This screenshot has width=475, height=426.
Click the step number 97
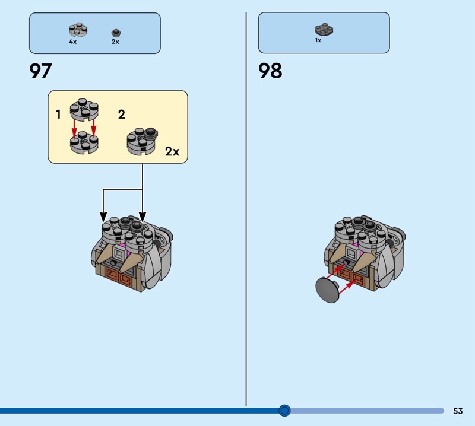(x=41, y=71)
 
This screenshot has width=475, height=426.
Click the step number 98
(x=270, y=71)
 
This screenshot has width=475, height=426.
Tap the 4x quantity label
(x=72, y=42)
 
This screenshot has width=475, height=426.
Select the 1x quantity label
(x=318, y=40)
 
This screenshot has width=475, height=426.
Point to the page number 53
(x=458, y=411)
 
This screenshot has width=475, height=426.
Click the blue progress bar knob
(x=284, y=410)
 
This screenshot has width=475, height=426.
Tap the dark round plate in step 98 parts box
(x=324, y=28)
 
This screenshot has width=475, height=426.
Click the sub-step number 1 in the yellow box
(x=58, y=115)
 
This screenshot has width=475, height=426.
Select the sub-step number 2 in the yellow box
(x=122, y=115)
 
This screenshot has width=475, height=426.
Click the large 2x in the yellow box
(x=172, y=151)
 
